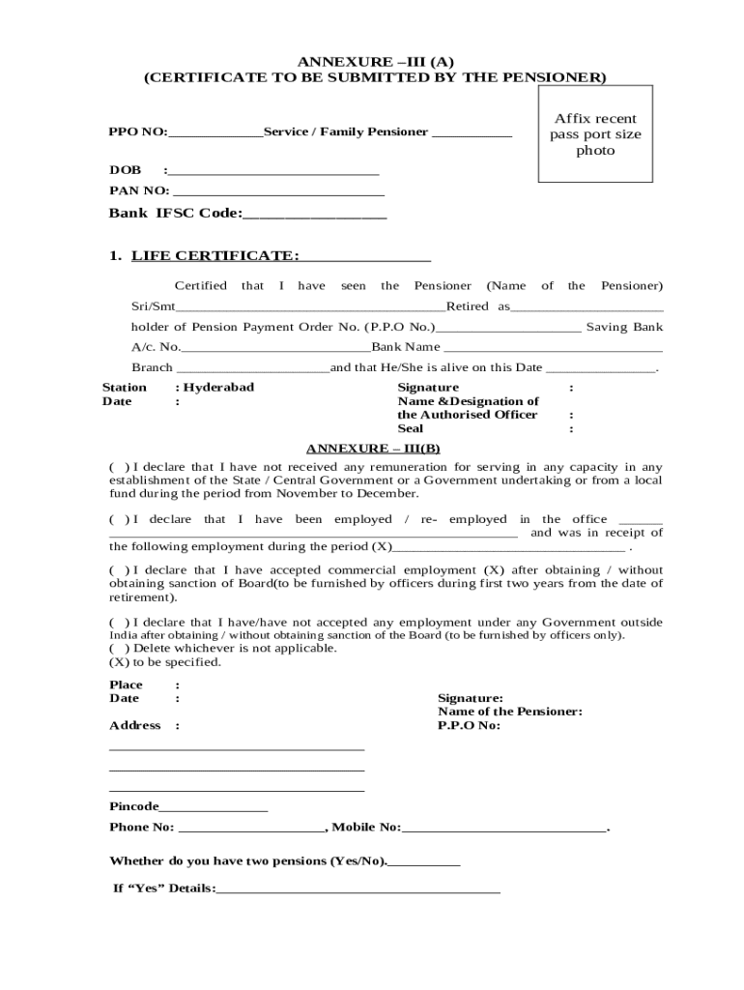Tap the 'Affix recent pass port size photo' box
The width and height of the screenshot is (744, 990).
coord(595,133)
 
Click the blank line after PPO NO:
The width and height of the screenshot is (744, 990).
coord(215,133)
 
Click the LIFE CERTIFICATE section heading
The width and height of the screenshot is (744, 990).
coord(215,255)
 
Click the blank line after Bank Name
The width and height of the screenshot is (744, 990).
coord(552,348)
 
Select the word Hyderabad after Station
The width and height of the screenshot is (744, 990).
coord(218,387)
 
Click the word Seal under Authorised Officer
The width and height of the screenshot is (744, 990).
coord(411,428)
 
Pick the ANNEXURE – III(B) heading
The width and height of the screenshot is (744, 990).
coord(373,449)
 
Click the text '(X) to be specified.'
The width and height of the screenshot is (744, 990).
coord(165,662)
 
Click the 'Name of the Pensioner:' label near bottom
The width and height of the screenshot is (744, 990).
coord(509,712)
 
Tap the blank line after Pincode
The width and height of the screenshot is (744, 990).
coord(214,807)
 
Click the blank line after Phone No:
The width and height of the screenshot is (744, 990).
coord(252,829)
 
